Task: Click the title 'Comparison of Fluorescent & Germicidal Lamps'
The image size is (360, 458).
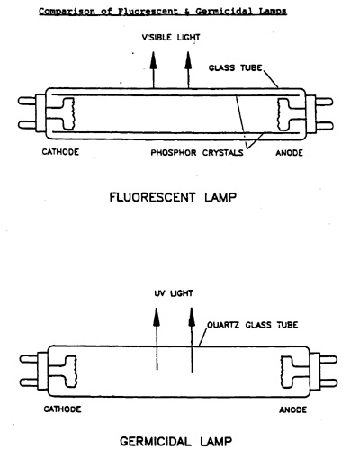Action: tap(163, 12)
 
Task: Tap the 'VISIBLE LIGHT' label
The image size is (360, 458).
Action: tap(171, 38)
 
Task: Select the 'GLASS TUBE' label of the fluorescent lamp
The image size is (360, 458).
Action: tap(236, 67)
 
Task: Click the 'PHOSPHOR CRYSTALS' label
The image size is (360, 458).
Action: tap(197, 153)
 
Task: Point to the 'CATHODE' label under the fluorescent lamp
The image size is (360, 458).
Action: tap(60, 152)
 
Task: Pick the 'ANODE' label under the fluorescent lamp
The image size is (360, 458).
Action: tap(290, 153)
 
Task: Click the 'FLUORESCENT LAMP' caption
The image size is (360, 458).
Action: tap(173, 198)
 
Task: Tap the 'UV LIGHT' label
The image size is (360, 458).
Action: tap(174, 293)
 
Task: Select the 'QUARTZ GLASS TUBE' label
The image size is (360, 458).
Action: tap(253, 325)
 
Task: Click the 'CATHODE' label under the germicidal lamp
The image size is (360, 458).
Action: tap(62, 409)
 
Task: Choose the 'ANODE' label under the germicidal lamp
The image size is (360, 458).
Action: tap(293, 409)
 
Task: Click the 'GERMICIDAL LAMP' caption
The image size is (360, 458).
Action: tap(176, 442)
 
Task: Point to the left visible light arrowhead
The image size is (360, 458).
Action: tap(153, 60)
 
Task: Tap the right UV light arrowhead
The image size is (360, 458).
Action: tap(192, 317)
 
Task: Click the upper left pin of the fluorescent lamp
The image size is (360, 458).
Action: tap(27, 101)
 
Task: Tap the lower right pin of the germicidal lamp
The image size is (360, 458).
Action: tap(328, 383)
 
